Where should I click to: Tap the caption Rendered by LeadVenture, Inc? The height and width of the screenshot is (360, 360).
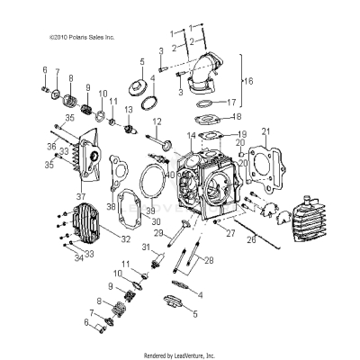click(180, 355)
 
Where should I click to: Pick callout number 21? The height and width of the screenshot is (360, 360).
click(265, 132)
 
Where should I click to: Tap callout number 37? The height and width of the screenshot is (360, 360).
click(81, 196)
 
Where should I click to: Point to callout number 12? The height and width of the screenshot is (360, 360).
click(156, 121)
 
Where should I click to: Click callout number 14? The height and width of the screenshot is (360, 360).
click(191, 135)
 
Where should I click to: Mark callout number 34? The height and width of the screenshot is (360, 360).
click(77, 256)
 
